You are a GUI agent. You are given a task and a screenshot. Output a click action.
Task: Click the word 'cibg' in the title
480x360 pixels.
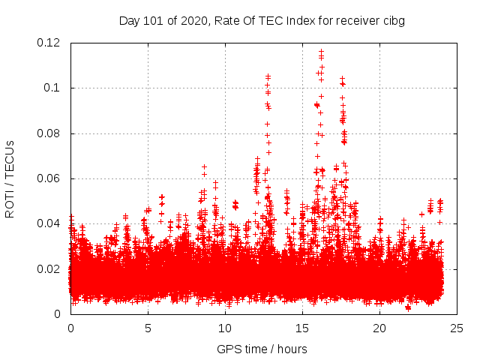point(393,21)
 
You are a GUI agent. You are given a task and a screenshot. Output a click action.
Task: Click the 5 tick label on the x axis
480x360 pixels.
point(148,328)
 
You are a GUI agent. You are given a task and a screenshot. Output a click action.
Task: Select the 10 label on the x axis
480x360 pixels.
point(225,328)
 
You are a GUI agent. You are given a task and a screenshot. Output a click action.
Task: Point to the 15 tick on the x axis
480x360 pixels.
point(302,328)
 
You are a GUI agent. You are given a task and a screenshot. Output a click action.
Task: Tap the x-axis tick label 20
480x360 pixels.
point(379,328)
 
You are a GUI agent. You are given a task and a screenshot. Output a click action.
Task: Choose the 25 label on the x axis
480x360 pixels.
point(457,328)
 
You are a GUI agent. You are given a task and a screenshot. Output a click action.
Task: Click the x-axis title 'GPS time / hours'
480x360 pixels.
point(262,349)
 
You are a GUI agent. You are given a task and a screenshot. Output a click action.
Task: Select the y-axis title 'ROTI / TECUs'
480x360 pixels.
point(10,178)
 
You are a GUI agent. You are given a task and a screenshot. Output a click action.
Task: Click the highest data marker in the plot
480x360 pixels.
point(322,51)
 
